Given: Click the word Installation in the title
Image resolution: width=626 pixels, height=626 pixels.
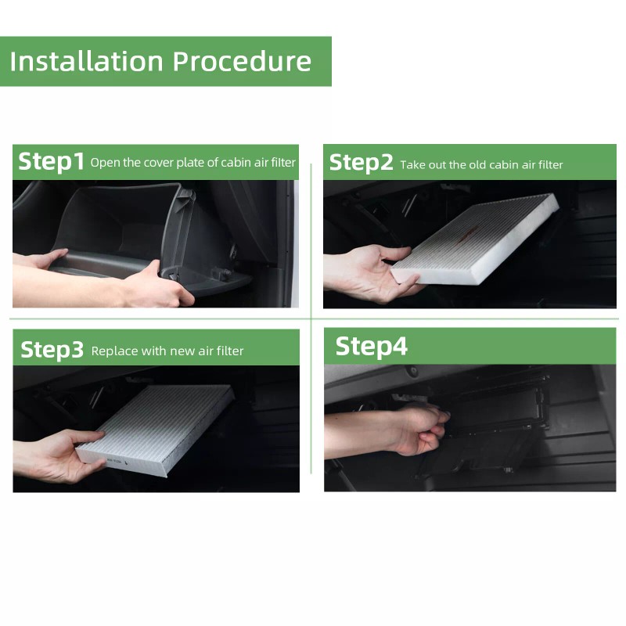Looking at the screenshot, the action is pos(86,62).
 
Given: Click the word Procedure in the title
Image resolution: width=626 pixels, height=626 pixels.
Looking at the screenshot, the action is pos(242,62).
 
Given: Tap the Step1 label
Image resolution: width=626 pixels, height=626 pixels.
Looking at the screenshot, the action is pos(51,161).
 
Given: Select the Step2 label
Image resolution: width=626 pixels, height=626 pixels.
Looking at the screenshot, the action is pos(361,163).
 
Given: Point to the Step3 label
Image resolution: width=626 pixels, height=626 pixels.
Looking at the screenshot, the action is pos(52,350).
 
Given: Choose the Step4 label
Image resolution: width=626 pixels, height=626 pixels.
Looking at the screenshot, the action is pos(371,346).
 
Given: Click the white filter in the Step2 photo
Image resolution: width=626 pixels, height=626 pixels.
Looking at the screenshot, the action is pos(475,239).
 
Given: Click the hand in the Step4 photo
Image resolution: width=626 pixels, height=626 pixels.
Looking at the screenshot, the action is pos(416,431).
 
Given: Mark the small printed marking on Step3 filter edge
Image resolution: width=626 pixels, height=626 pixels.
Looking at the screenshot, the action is pos(117,461).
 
